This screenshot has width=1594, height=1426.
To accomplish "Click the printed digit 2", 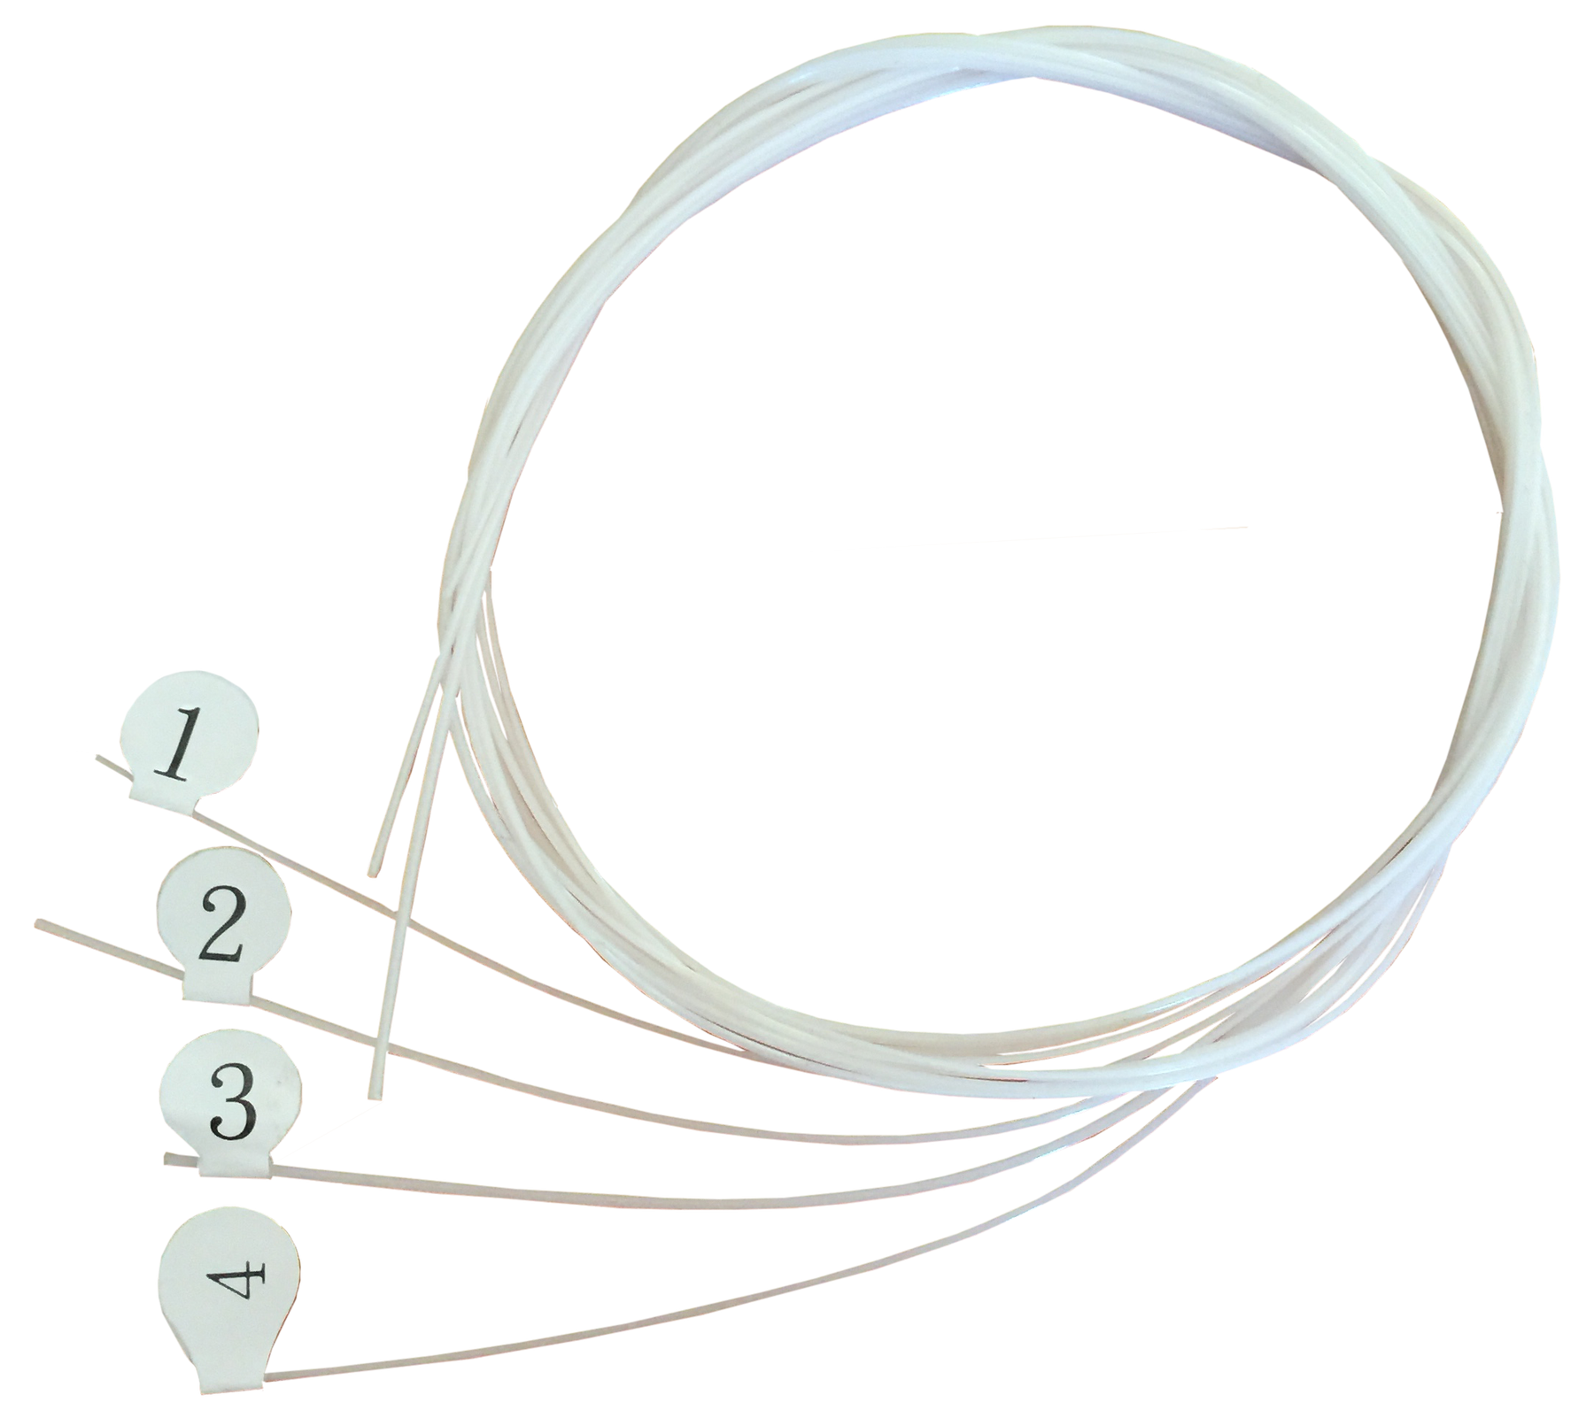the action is [x=221, y=930].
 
